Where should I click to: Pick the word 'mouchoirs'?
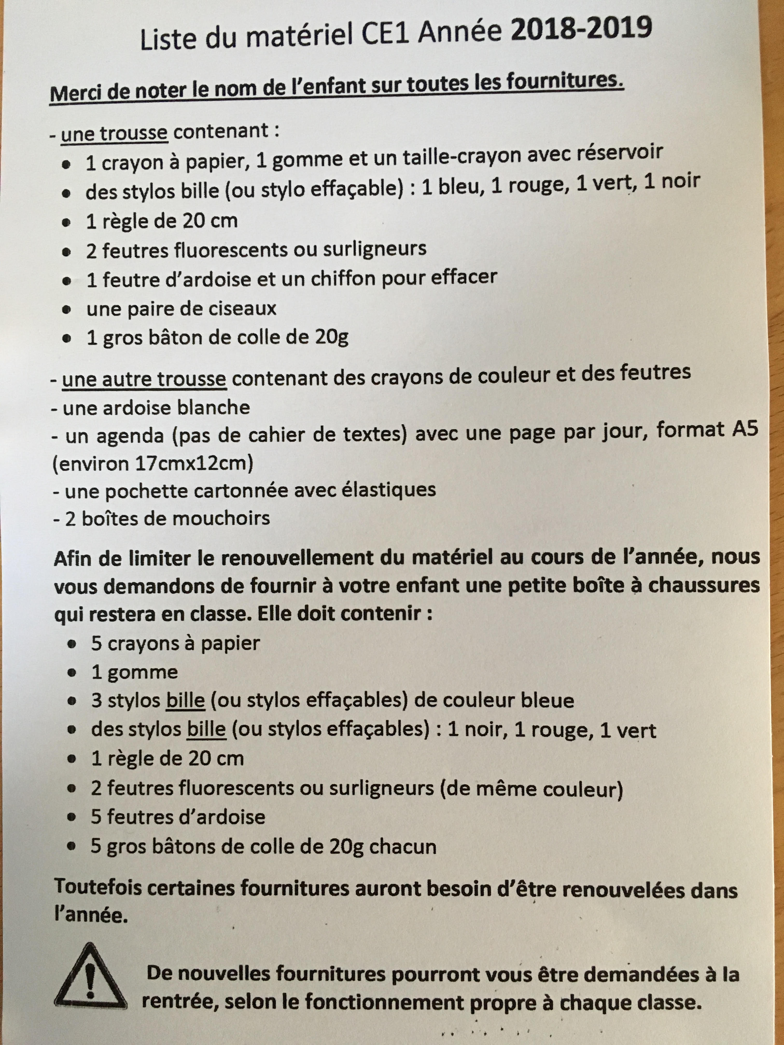click(221, 519)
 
